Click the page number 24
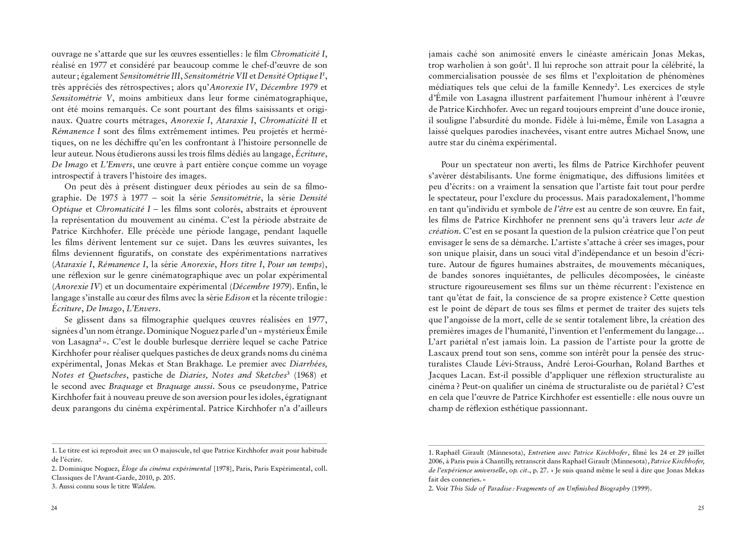coord(54,508)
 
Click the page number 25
coord(701,508)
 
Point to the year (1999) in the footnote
coord(641,489)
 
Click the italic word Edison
coord(238,297)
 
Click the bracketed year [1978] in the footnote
coord(225,469)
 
